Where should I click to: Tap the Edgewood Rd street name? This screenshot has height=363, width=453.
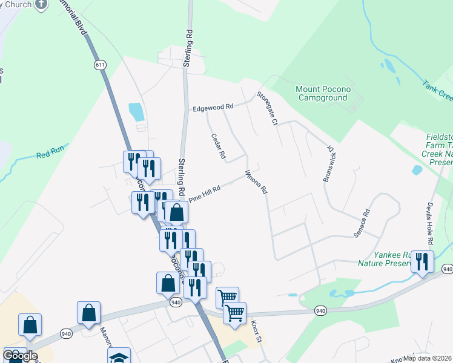(213, 108)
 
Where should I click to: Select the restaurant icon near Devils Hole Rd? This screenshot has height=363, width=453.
(422, 261)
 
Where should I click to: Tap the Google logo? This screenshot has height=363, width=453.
(20, 356)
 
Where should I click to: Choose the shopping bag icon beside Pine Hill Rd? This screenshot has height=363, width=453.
(176, 212)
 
